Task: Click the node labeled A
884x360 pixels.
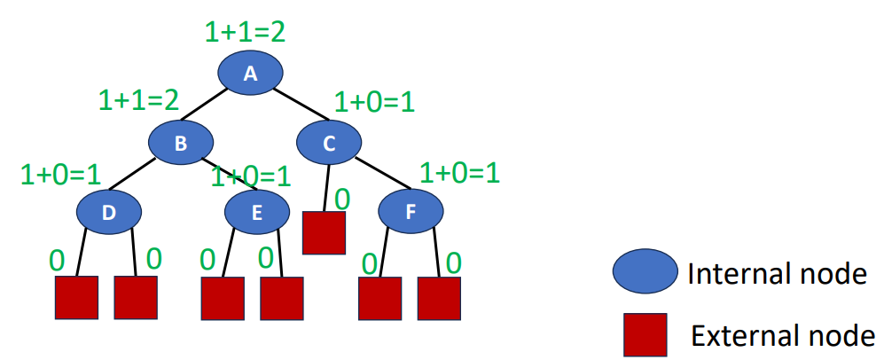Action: pyautogui.click(x=251, y=73)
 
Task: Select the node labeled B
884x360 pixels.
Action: pyautogui.click(x=181, y=142)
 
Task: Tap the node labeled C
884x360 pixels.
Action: pyautogui.click(x=329, y=142)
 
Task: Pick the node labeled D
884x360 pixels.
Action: pyautogui.click(x=109, y=211)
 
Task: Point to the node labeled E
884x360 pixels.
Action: pyautogui.click(x=256, y=211)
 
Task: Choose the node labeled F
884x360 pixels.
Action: pyautogui.click(x=411, y=211)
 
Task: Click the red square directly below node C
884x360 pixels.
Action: pyautogui.click(x=324, y=233)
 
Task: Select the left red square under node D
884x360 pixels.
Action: pyautogui.click(x=77, y=298)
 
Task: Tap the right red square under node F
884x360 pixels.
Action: pyautogui.click(x=440, y=298)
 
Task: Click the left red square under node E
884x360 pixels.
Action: pyautogui.click(x=223, y=298)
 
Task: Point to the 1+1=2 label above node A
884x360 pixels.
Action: pyautogui.click(x=245, y=32)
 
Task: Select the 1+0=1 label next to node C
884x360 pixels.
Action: pyautogui.click(x=374, y=102)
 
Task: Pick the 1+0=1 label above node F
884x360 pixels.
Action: pyautogui.click(x=459, y=171)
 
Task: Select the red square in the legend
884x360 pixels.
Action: pyautogui.click(x=645, y=336)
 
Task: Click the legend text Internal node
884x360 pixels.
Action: pyautogui.click(x=777, y=274)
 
